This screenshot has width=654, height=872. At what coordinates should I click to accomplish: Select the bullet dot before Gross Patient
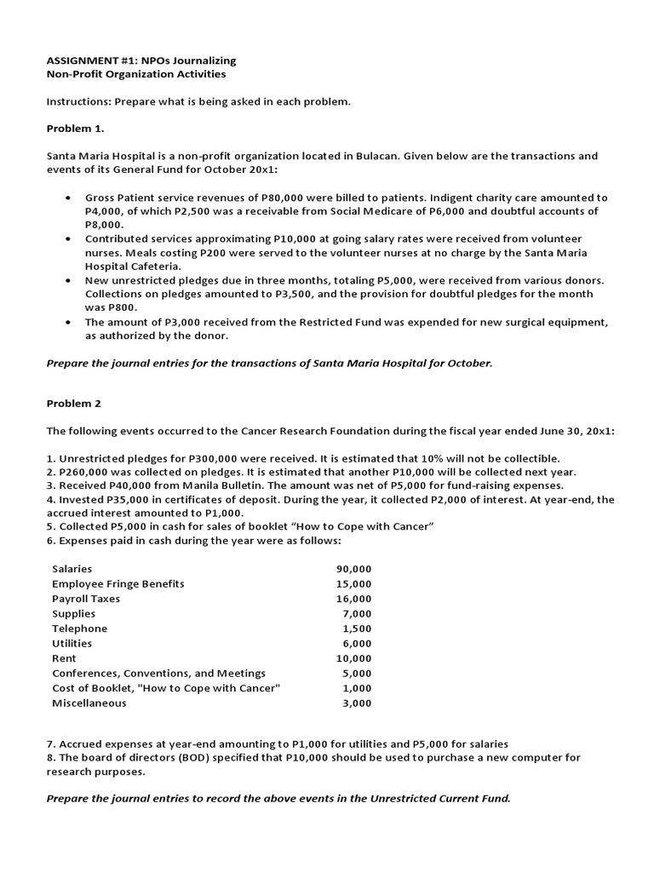click(68, 198)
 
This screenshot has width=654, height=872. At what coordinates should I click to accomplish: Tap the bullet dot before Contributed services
click(68, 239)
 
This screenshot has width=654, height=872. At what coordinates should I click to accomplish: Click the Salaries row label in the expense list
click(72, 568)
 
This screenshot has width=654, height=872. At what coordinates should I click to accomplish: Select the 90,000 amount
click(353, 568)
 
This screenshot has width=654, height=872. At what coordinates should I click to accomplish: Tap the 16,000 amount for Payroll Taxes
click(353, 599)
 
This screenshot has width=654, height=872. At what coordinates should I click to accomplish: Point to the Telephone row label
click(79, 628)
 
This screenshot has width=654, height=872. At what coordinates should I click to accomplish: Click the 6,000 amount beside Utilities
click(357, 643)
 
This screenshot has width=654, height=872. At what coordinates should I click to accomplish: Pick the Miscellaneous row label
click(89, 703)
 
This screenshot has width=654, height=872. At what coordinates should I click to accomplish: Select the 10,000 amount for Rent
click(353, 658)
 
